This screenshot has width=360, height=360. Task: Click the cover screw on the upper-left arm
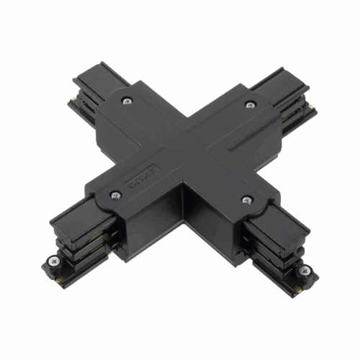tap(127, 101)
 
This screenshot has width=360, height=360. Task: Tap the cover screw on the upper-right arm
tap(251, 105)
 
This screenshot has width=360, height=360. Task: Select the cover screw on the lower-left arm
tap(114, 194)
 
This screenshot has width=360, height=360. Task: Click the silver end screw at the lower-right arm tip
tap(305, 271)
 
